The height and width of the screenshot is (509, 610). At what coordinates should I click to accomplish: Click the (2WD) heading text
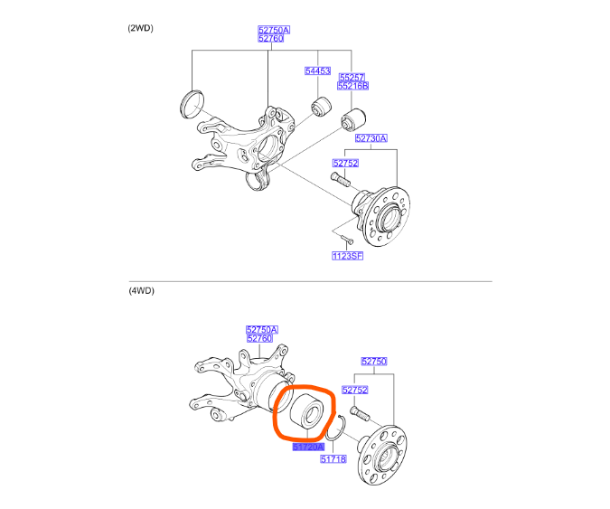point(141,28)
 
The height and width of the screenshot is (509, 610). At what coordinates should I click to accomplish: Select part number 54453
point(317,70)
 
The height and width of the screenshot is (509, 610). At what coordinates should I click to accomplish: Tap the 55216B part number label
point(353,86)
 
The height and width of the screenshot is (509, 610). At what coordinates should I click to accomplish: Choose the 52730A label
point(371,138)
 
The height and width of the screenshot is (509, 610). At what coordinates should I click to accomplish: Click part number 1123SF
point(346,256)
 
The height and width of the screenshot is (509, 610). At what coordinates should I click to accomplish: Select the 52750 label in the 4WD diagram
point(375,361)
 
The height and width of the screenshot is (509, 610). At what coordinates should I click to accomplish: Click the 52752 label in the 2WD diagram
point(345,164)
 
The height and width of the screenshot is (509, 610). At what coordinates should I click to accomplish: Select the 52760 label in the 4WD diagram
point(262,338)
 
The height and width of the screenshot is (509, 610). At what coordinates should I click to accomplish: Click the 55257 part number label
point(353,77)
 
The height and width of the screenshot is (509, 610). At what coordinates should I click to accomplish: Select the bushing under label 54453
point(318,107)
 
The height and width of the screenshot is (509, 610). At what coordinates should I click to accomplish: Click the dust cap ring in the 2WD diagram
point(192,104)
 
